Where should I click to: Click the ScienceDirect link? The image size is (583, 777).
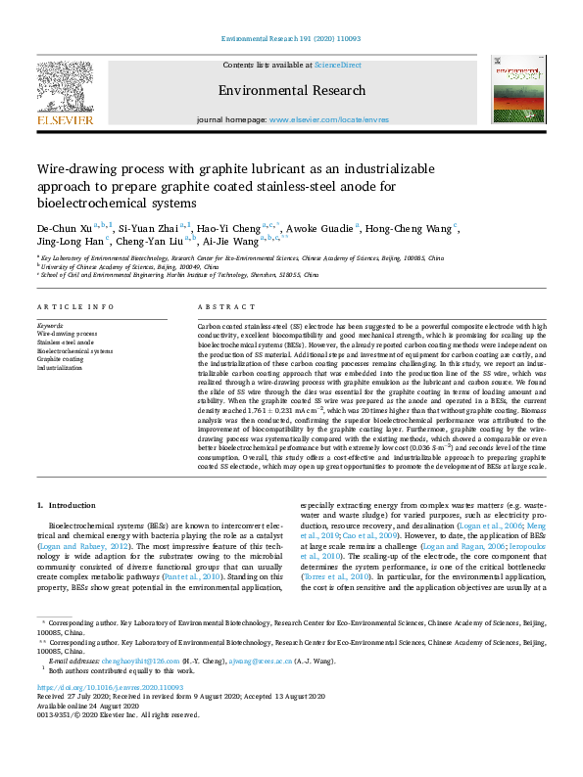click(337, 66)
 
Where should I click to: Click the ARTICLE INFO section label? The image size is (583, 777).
click(74, 306)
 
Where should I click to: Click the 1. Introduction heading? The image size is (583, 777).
click(67, 505)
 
